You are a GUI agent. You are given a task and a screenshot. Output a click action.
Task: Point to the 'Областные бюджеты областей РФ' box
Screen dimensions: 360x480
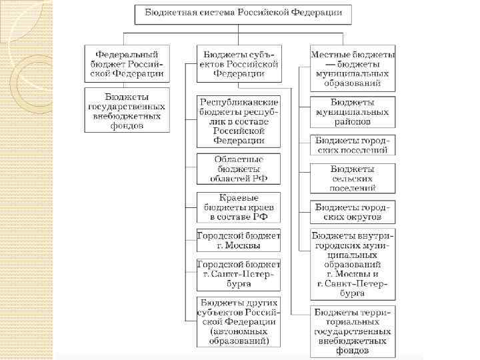(239, 169)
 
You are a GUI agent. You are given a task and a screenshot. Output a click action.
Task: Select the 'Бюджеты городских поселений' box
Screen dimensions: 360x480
(353, 145)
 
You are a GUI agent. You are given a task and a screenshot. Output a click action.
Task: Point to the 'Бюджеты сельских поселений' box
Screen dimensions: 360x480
(353, 179)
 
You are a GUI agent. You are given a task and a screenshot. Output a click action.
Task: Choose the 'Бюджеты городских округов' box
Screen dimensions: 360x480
(353, 212)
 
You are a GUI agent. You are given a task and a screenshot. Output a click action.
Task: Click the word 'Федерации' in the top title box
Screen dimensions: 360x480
(315, 13)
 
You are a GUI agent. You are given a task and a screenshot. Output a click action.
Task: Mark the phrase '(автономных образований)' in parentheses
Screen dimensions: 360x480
(239, 336)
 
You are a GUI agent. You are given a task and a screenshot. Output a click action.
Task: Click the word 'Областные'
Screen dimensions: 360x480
(239, 160)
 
